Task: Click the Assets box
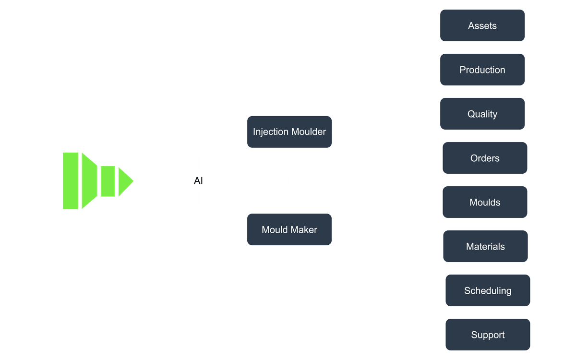click(x=482, y=25)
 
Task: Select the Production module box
click(x=482, y=70)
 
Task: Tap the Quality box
click(x=482, y=114)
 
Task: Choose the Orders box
click(x=485, y=158)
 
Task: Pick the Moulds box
click(x=485, y=202)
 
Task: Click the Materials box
click(x=485, y=246)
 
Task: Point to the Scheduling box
click(x=488, y=290)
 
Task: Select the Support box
click(x=488, y=335)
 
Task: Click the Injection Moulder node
click(x=289, y=132)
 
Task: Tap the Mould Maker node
click(x=289, y=229)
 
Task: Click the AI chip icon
click(x=198, y=181)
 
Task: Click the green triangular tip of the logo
click(x=126, y=181)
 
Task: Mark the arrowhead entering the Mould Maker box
click(x=243, y=230)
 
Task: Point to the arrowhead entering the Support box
click(x=442, y=335)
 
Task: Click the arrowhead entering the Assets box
click(x=437, y=25)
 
